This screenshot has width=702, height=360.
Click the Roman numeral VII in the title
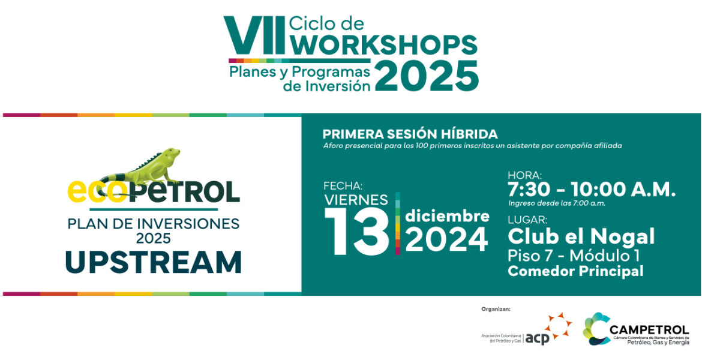[x=255, y=35]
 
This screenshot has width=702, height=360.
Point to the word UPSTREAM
[x=154, y=262]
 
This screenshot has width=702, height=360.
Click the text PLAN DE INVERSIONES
[x=154, y=223]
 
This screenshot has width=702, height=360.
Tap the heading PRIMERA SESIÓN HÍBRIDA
[x=410, y=134]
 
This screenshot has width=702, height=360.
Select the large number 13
[x=357, y=232]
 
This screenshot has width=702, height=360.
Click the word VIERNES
[x=356, y=200]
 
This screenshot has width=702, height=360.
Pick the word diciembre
[x=447, y=217]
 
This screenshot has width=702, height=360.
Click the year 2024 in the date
[x=446, y=239]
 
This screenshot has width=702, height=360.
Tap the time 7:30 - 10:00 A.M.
[x=592, y=190]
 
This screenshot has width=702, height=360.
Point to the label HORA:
[x=525, y=175]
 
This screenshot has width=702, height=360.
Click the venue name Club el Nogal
[x=581, y=237]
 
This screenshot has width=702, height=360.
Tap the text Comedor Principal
[x=575, y=271]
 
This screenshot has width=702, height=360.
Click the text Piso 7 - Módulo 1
[x=573, y=256]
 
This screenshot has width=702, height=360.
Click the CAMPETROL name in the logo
[x=649, y=330]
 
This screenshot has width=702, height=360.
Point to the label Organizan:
[x=496, y=309]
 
